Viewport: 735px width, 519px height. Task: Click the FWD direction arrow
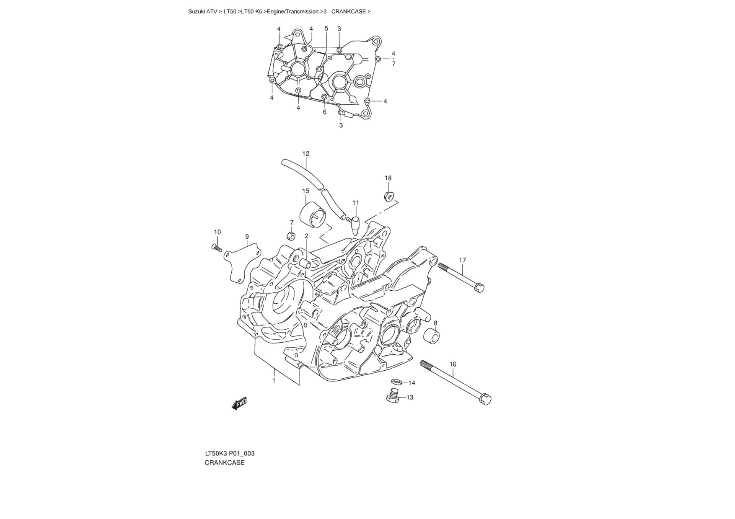(x=239, y=403)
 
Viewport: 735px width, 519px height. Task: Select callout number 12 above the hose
(x=305, y=154)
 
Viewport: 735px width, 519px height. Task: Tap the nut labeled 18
(x=389, y=196)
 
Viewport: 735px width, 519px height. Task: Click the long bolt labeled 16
(x=455, y=381)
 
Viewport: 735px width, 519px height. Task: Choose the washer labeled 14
(x=396, y=382)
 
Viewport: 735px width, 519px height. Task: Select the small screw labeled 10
(x=217, y=248)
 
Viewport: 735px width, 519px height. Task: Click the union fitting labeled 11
(x=355, y=225)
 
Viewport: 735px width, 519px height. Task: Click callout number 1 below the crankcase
(x=274, y=380)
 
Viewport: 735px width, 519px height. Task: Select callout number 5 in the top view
(x=326, y=28)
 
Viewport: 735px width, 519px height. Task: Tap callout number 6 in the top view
(x=324, y=112)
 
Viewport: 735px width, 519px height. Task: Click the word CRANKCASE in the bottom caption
(x=225, y=463)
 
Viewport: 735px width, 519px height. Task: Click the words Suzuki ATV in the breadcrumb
(x=203, y=12)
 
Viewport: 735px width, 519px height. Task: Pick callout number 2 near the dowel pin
(x=306, y=236)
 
